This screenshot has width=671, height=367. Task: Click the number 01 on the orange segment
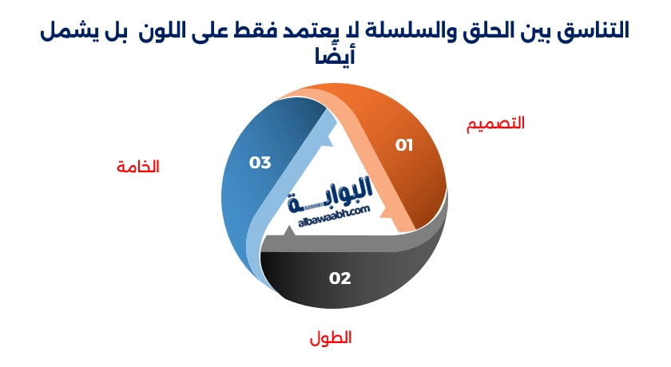click(404, 144)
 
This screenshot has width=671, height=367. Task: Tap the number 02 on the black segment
click(340, 278)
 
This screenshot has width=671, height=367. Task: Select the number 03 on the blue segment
click(260, 163)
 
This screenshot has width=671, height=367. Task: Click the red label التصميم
click(495, 124)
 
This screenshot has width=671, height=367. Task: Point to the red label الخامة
click(137, 167)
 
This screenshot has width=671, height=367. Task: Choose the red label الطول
click(331, 337)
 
